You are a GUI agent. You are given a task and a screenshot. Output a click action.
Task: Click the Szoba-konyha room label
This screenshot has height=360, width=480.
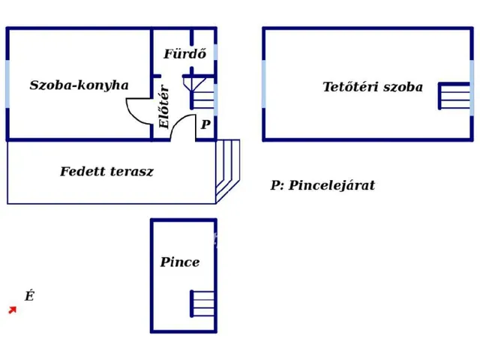click(x=79, y=85)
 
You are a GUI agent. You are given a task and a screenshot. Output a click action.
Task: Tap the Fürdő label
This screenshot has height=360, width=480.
click(x=184, y=54)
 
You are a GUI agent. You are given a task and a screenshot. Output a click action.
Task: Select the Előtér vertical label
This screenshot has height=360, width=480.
click(x=164, y=107)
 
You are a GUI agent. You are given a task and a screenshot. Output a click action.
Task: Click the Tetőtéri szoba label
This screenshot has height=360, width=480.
click(x=373, y=87)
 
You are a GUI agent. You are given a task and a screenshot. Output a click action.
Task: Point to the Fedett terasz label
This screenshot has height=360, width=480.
click(x=106, y=172)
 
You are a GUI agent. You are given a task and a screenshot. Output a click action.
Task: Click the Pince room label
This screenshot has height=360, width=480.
click(x=180, y=262)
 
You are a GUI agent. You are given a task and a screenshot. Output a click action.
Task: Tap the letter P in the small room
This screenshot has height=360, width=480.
click(x=205, y=125)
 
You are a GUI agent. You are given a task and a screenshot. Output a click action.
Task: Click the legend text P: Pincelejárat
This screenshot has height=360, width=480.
click(x=322, y=185)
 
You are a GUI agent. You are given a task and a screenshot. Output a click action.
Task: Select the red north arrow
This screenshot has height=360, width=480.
click(x=12, y=309)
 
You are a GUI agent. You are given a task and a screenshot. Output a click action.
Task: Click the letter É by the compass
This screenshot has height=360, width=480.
click(x=29, y=296)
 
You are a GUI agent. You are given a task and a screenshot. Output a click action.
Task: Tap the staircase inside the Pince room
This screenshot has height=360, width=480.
click(x=202, y=303)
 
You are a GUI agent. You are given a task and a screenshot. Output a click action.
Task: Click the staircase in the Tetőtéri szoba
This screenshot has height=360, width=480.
click(x=454, y=96)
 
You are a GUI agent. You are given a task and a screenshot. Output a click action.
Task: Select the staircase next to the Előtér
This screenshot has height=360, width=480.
click(x=202, y=93)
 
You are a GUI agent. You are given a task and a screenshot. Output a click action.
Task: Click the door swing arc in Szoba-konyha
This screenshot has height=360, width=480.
click(x=139, y=111)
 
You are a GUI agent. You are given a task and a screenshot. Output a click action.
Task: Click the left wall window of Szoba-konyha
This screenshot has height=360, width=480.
click(x=7, y=84)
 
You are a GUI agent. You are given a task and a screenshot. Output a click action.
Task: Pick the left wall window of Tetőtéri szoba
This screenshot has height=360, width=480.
click(x=264, y=84)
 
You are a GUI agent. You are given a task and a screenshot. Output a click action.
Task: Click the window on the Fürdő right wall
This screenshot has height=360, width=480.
click(x=216, y=52)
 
